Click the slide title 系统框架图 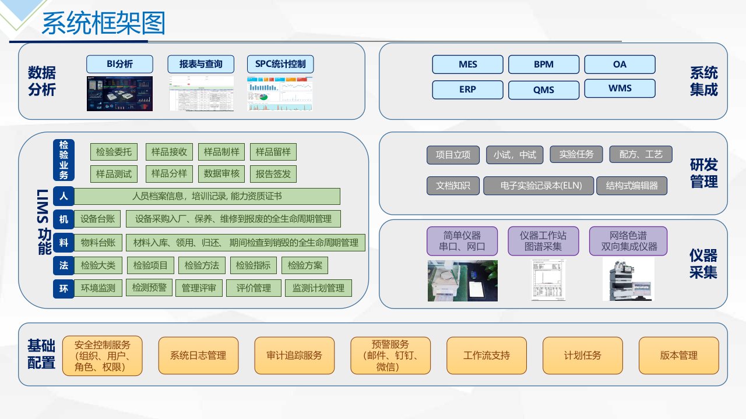pyautogui.click(x=104, y=24)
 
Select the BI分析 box pyautogui.click(x=119, y=64)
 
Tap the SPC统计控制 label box pyautogui.click(x=280, y=64)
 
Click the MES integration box pyautogui.click(x=467, y=65)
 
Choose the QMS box pyautogui.click(x=543, y=90)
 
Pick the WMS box pyautogui.click(x=620, y=88)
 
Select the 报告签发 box pyautogui.click(x=273, y=173)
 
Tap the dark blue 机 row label pyautogui.click(x=64, y=219)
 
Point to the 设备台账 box pyautogui.click(x=97, y=219)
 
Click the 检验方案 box pyautogui.click(x=305, y=266)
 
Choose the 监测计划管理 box pyautogui.click(x=318, y=287)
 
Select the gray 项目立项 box pyautogui.click(x=453, y=155)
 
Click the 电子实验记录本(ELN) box pyautogui.click(x=539, y=186)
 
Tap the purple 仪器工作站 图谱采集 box pyautogui.click(x=543, y=241)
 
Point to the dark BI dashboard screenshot pyautogui.click(x=119, y=94)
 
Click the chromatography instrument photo pyautogui.click(x=628, y=279)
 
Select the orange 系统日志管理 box pyautogui.click(x=198, y=356)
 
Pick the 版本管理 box pyautogui.click(x=678, y=356)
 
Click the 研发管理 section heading pyautogui.click(x=703, y=173)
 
